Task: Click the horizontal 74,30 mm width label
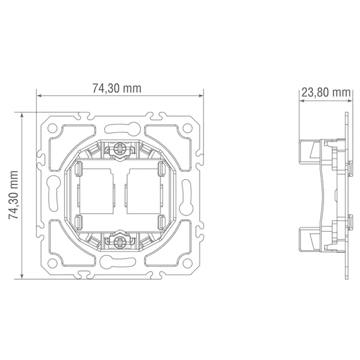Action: click(x=117, y=88)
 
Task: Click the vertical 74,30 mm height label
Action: click(x=13, y=195)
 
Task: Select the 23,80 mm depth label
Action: click(x=326, y=93)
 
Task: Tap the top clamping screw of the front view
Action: click(x=119, y=148)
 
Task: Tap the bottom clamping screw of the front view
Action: click(x=119, y=242)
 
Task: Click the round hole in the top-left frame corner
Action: click(x=52, y=128)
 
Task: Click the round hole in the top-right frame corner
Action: click(x=188, y=128)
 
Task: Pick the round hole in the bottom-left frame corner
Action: click(x=52, y=263)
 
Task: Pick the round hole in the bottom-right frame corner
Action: click(x=188, y=263)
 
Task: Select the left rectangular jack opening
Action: click(x=96, y=191)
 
